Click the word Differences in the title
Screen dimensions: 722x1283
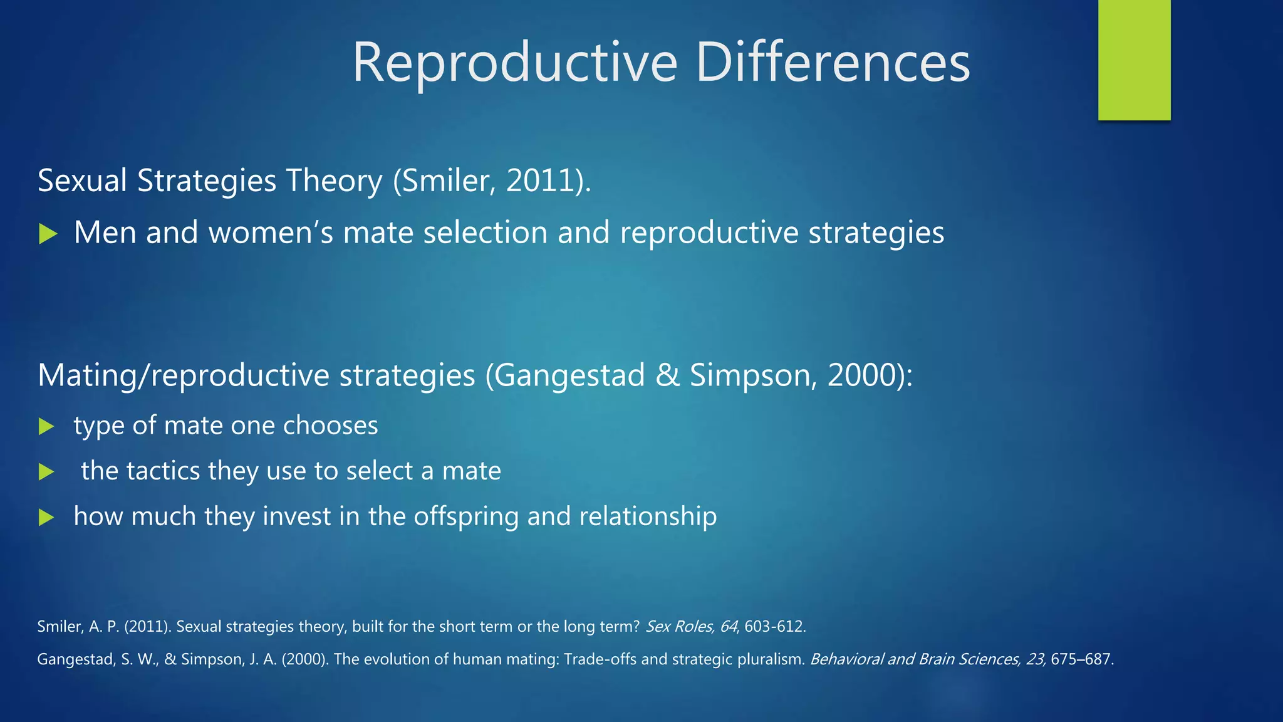pos(833,63)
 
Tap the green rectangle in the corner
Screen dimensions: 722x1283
pos(1134,60)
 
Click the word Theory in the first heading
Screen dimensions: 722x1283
pos(334,180)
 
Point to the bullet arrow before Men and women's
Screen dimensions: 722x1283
pos(48,234)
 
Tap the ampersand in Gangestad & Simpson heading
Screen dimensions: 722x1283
pos(668,375)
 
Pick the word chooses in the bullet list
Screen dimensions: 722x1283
pos(330,426)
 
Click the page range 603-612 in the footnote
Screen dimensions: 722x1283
pos(774,626)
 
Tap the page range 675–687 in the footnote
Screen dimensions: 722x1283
pos(1081,659)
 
